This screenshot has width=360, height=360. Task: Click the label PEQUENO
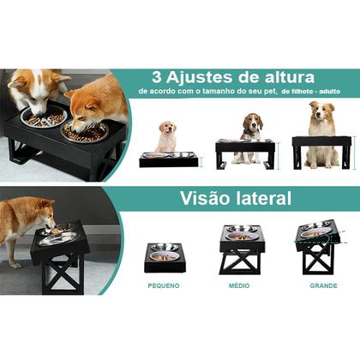point(163,285)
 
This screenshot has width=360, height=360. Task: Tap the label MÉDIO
point(239,285)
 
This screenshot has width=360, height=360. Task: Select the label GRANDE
point(317,285)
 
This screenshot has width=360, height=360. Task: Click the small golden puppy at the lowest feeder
point(166,137)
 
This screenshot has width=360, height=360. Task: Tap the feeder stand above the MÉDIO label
point(240,251)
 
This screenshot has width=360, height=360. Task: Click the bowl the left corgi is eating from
point(44,120)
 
